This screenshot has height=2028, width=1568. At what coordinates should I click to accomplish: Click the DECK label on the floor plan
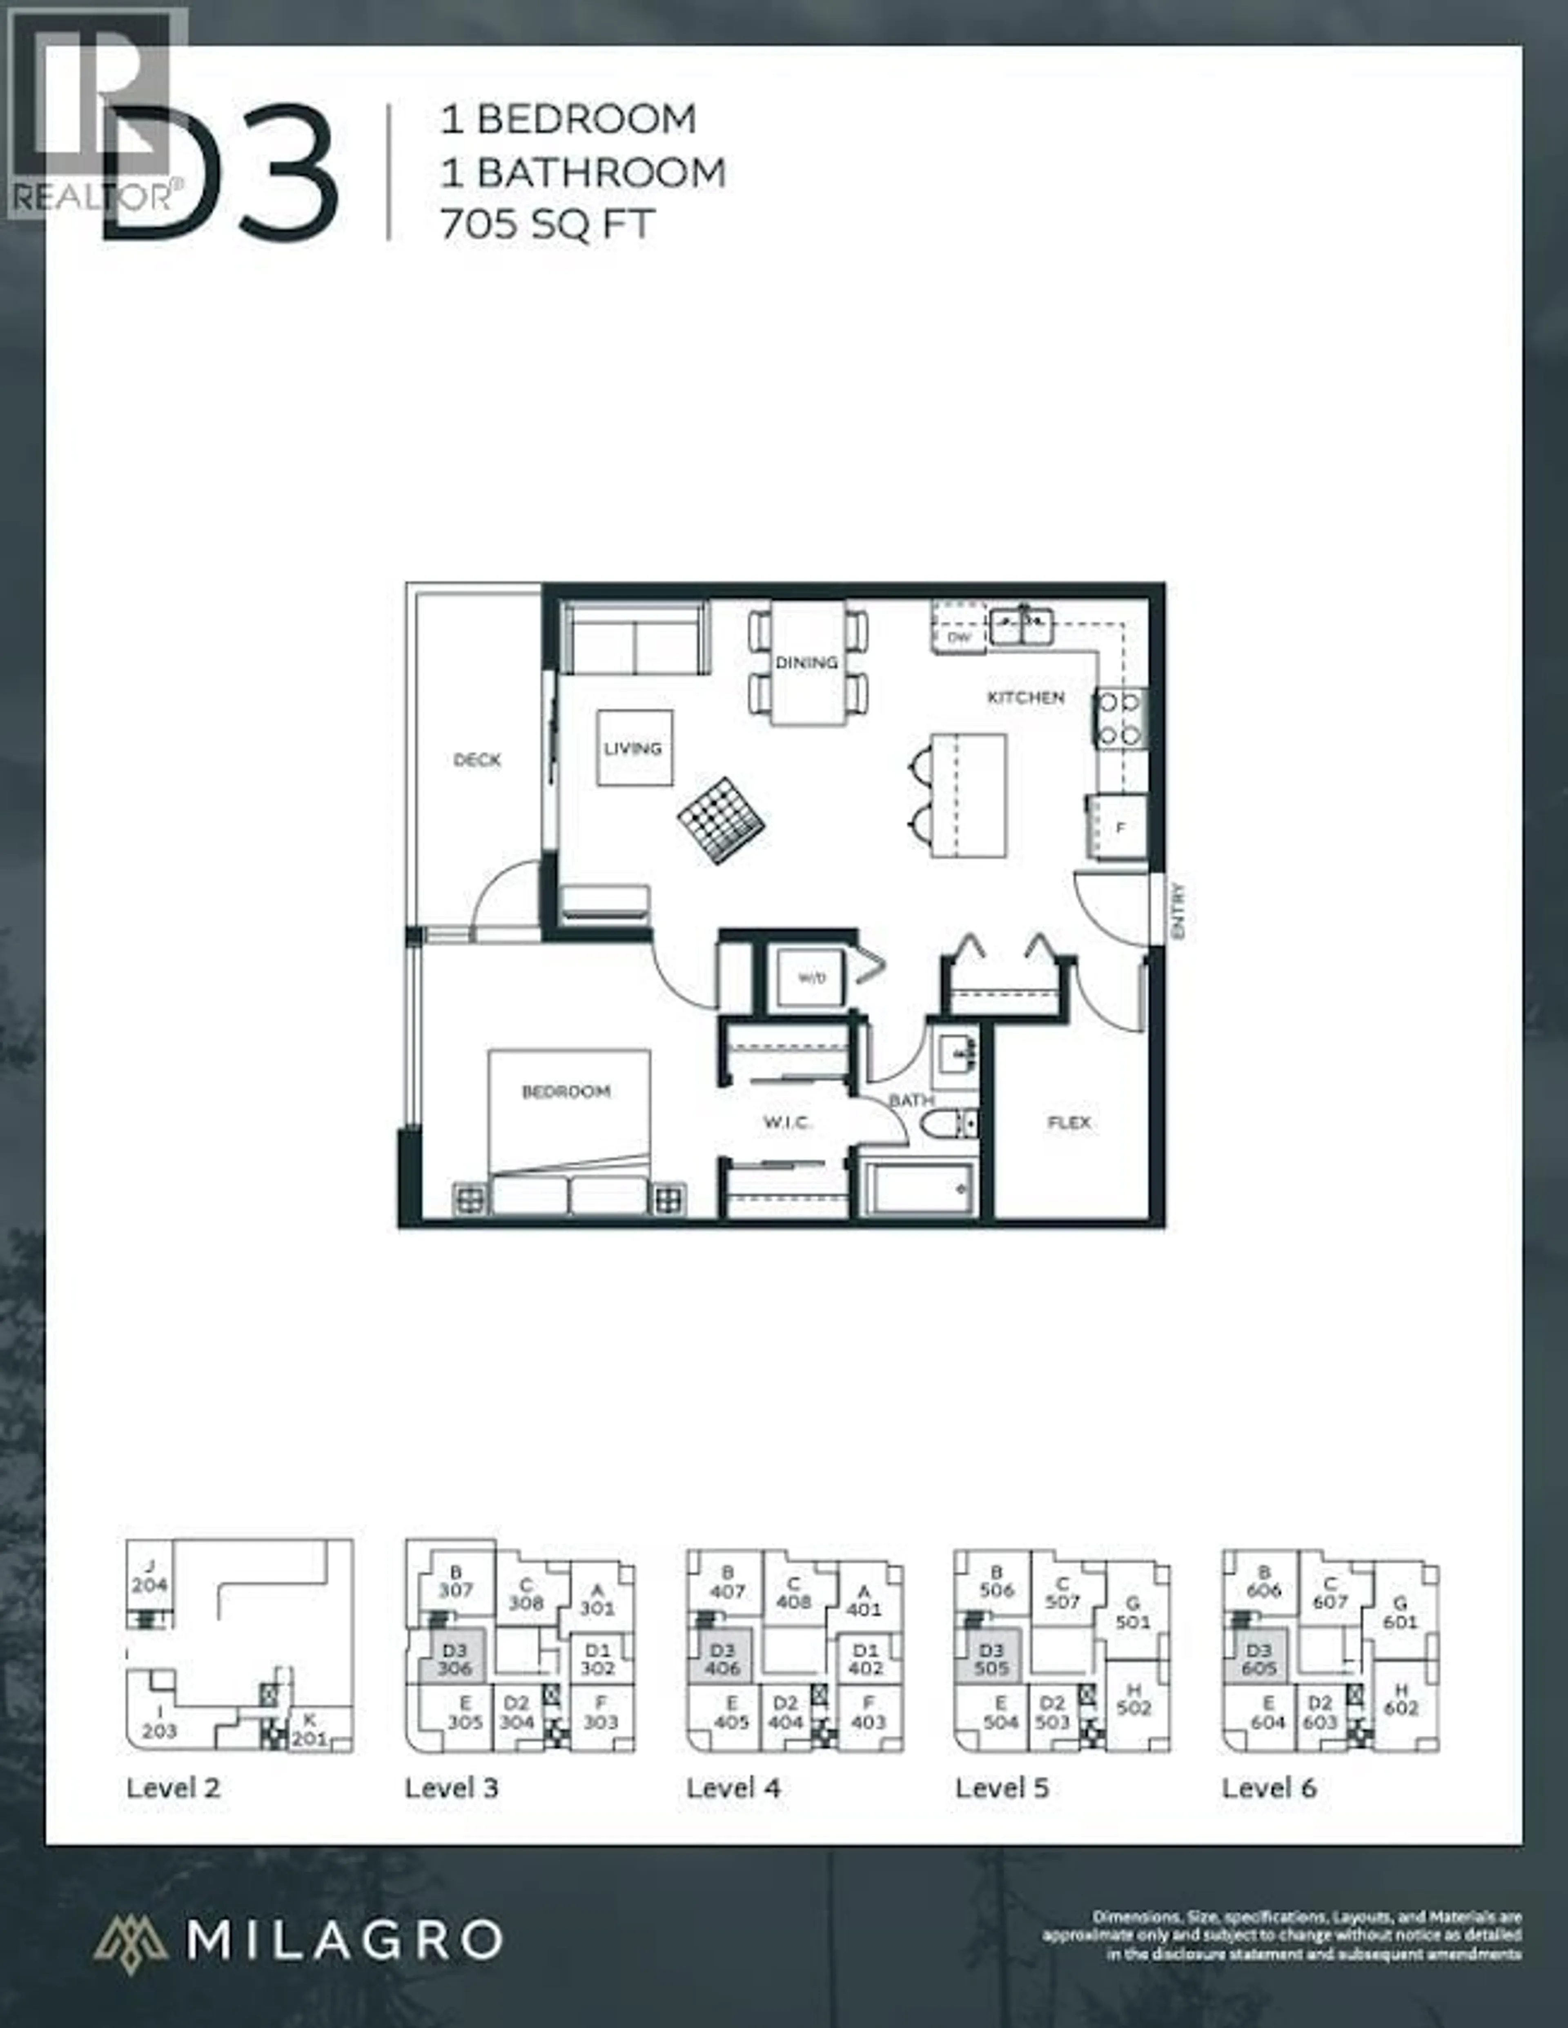point(477,760)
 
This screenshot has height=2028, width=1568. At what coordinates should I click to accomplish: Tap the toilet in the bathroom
point(947,1123)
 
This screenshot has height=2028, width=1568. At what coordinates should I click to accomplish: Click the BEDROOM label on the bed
point(566,1091)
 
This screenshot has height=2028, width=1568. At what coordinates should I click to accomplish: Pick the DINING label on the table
point(806,662)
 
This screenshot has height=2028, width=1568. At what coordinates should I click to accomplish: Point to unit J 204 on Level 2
point(149,1577)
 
